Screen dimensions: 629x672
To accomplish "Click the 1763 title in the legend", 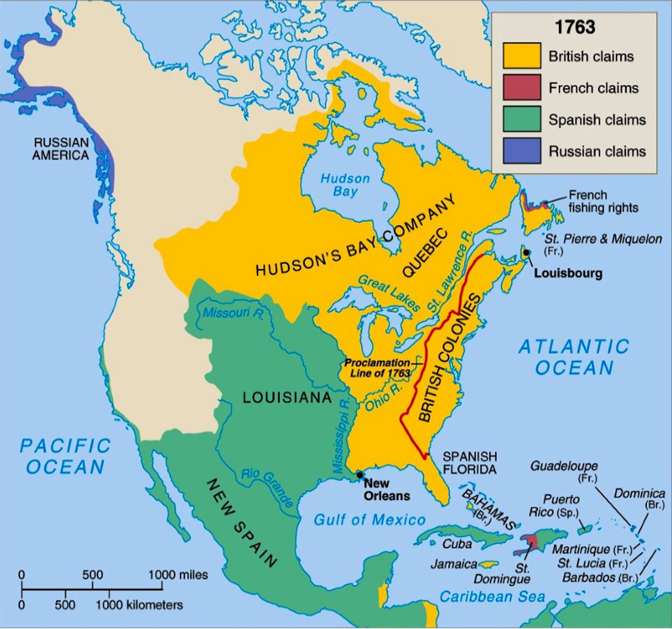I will [575, 27].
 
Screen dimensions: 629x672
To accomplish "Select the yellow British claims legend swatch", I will [521, 56].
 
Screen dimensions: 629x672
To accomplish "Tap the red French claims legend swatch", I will [521, 87].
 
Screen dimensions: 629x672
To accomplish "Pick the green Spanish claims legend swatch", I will [521, 119].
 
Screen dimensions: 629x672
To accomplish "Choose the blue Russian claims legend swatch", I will [521, 151].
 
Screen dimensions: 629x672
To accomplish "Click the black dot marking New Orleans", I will [359, 475].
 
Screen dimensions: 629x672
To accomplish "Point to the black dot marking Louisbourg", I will [526, 253].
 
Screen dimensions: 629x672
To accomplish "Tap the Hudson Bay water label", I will [345, 185].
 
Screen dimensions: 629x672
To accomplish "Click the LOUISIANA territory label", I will [287, 397].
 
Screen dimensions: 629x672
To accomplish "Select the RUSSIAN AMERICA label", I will [60, 149].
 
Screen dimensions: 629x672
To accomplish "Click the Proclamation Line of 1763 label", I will [377, 368].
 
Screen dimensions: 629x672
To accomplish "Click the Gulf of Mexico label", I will [370, 520].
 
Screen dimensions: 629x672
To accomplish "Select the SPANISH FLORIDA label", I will [469, 462].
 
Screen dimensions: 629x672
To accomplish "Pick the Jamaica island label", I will [454, 564].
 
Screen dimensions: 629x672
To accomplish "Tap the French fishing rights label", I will [603, 201].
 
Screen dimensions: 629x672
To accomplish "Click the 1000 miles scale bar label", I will [178, 575].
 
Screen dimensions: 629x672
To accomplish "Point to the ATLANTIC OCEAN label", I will [574, 357].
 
